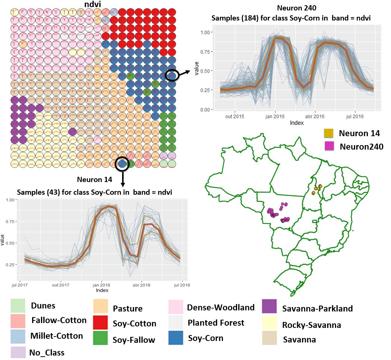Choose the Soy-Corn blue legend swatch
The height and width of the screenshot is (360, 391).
(x=176, y=338)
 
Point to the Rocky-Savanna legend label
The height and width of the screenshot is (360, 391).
(x=311, y=325)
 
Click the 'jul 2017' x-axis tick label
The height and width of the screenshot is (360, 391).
(x=19, y=285)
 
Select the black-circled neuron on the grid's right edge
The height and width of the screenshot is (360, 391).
(x=171, y=76)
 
